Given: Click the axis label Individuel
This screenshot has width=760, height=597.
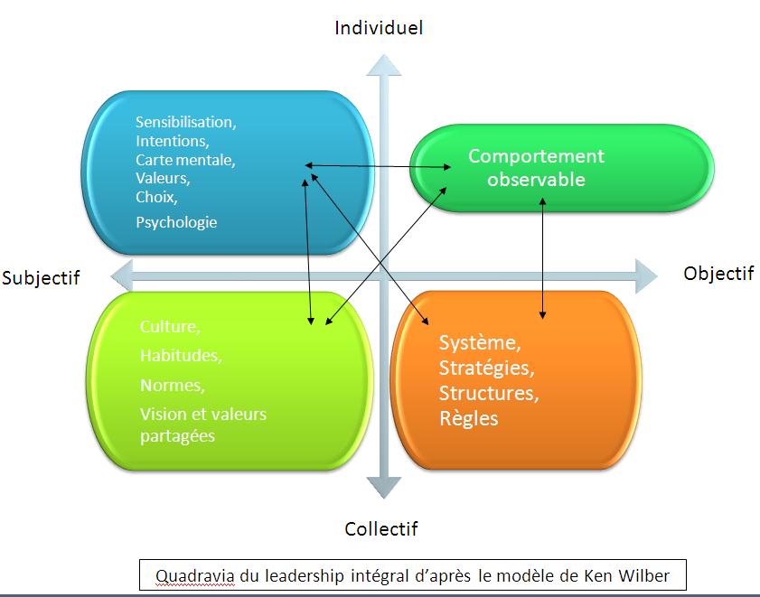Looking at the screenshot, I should pyautogui.click(x=379, y=28).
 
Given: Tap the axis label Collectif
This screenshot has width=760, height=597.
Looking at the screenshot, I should pyautogui.click(x=381, y=529).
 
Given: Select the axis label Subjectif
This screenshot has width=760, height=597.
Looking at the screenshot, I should pyautogui.click(x=41, y=278).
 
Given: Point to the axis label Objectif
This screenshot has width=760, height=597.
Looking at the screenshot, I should pyautogui.click(x=718, y=274).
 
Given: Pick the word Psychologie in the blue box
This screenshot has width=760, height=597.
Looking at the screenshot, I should pyautogui.click(x=176, y=222).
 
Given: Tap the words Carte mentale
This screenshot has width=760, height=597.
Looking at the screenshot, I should pyautogui.click(x=185, y=161).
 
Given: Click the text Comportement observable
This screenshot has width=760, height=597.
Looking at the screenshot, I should pyautogui.click(x=536, y=168).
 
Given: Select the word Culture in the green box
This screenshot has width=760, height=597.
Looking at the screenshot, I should pyautogui.click(x=170, y=326).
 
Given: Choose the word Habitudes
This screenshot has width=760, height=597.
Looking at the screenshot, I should pyautogui.click(x=181, y=356).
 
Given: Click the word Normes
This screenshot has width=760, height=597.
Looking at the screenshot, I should pyautogui.click(x=172, y=386).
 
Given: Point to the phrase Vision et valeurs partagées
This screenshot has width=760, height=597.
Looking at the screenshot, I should pyautogui.click(x=203, y=425).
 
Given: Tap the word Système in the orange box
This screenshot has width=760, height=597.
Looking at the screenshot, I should pyautogui.click(x=480, y=343).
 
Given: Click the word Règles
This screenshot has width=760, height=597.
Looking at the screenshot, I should pyautogui.click(x=468, y=419).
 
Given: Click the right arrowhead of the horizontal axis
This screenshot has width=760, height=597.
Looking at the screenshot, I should pyautogui.click(x=644, y=275).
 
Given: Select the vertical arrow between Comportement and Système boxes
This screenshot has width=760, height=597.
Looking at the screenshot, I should pyautogui.click(x=542, y=258).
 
